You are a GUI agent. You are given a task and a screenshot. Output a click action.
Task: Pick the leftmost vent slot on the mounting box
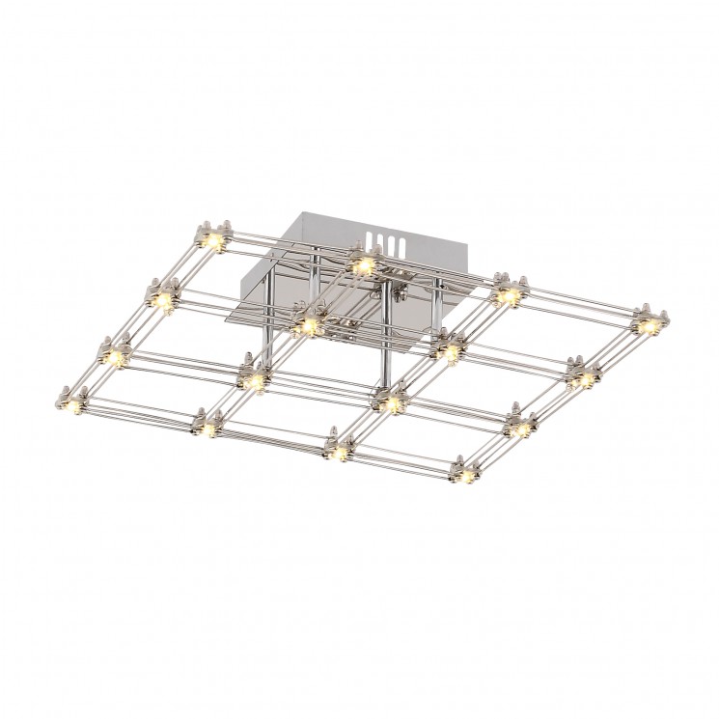(373, 240)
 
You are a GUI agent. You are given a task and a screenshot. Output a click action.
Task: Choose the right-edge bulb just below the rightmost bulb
(583, 377)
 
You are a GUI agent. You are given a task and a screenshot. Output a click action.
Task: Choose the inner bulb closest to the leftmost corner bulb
(254, 380)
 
